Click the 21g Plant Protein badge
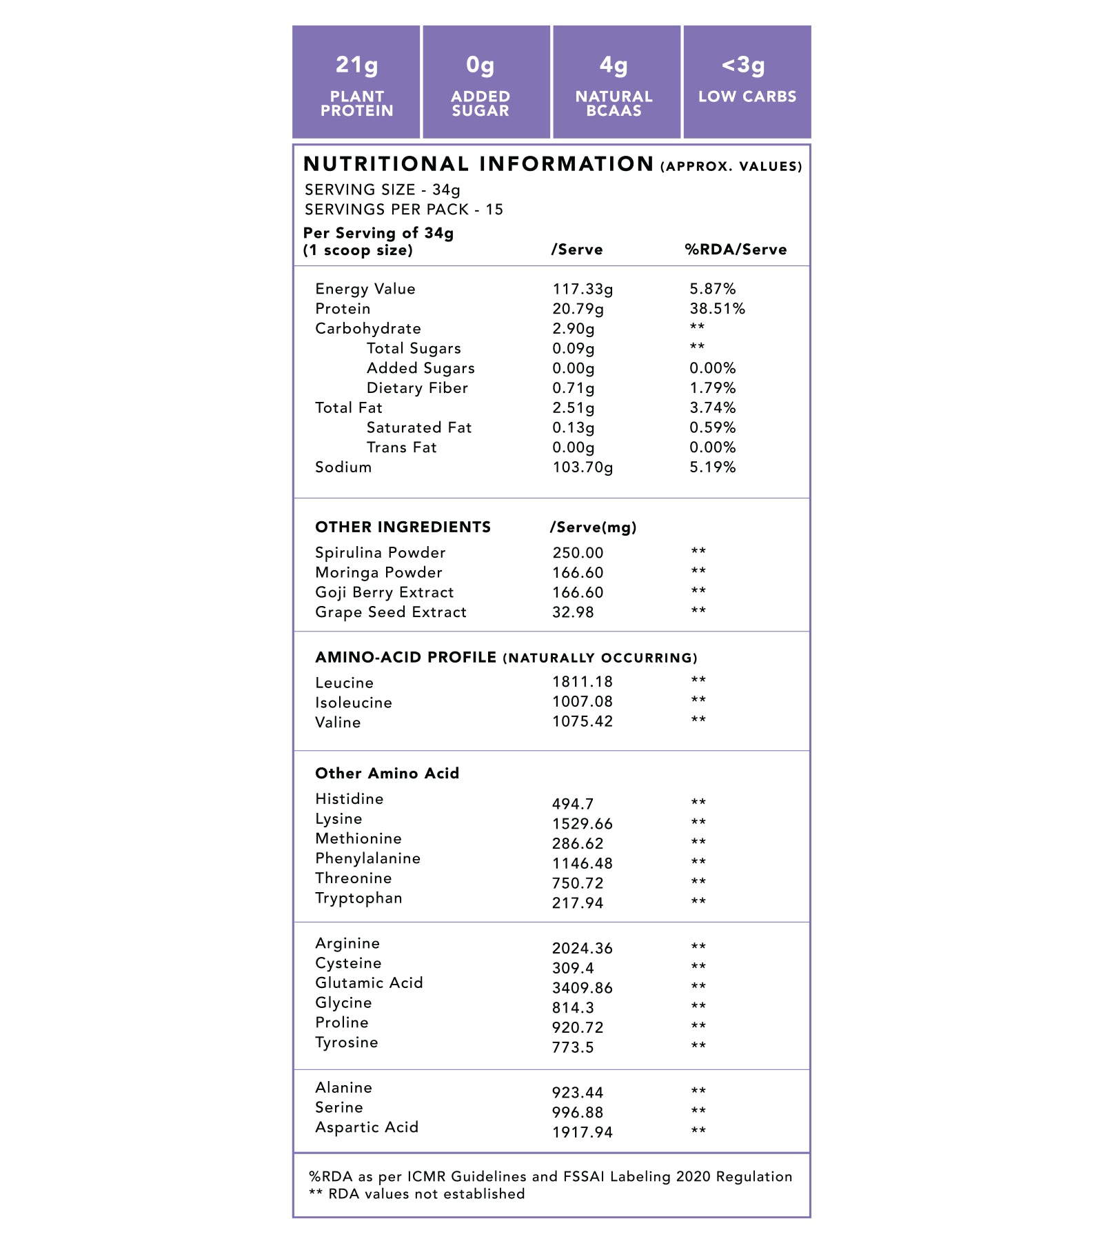(356, 83)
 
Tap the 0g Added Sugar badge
(480, 83)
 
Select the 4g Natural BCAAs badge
(614, 83)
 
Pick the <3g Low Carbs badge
(747, 83)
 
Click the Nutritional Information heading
(478, 164)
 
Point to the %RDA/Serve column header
(736, 250)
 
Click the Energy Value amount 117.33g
(583, 289)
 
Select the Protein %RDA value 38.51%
(717, 309)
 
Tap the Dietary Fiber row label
(417, 388)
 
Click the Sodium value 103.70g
(583, 467)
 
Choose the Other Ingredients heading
(403, 527)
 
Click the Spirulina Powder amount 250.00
(578, 553)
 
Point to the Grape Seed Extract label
(391, 612)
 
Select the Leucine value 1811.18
(583, 682)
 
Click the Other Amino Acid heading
(387, 774)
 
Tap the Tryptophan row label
(358, 898)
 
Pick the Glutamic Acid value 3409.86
(583, 988)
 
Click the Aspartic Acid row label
(367, 1127)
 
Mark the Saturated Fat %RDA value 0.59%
(713, 428)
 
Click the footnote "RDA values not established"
(426, 1194)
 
